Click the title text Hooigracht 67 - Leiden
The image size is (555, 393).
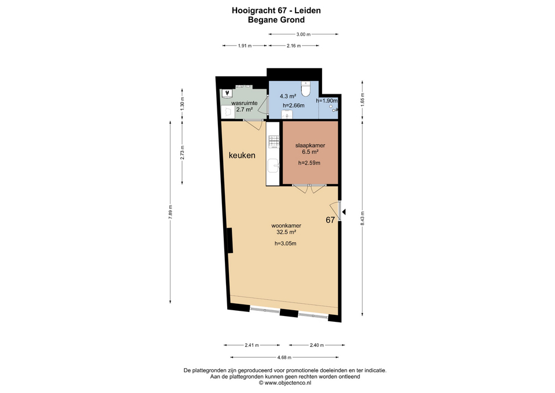276,10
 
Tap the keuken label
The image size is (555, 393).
242,155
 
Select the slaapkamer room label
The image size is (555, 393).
310,145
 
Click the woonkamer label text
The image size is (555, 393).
286,225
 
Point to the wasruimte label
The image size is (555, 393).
244,103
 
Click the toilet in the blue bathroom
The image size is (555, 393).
305,89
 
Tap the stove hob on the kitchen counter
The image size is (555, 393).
274,142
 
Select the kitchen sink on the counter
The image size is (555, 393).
273,166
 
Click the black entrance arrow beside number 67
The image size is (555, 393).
343,212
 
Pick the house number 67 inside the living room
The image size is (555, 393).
330,220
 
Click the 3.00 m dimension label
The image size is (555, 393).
304,34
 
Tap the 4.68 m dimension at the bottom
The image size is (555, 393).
284,358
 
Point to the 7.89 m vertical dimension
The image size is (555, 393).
170,212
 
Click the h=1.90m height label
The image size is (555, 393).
327,101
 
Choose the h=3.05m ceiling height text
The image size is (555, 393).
285,244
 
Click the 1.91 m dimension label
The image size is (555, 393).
245,46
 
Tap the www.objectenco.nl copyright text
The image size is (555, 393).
285,383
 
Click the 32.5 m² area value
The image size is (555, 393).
286,232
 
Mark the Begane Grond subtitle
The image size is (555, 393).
276,20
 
